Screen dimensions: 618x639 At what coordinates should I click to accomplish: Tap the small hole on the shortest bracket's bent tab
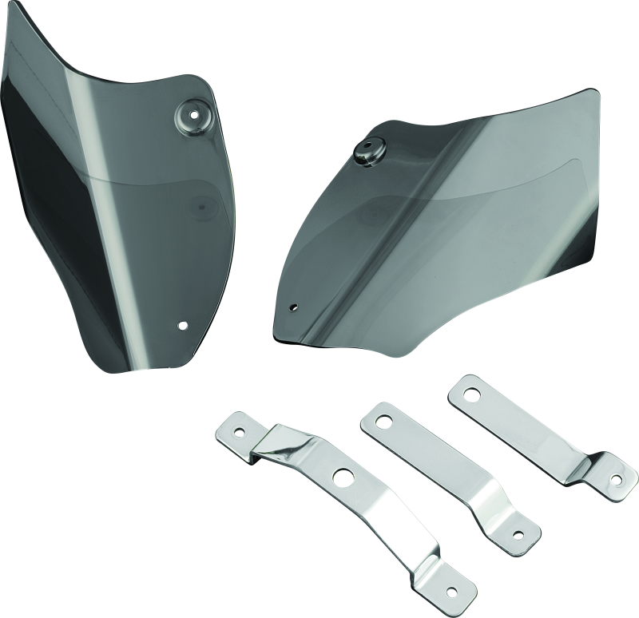point(619,481)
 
